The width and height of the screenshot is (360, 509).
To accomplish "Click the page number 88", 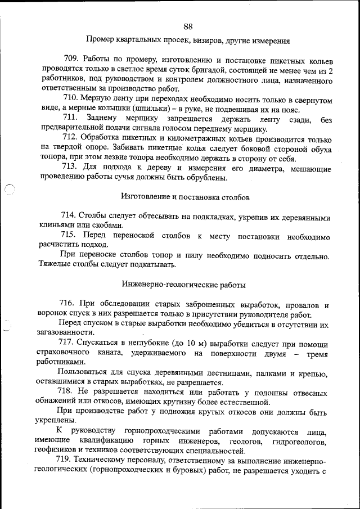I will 188,26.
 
